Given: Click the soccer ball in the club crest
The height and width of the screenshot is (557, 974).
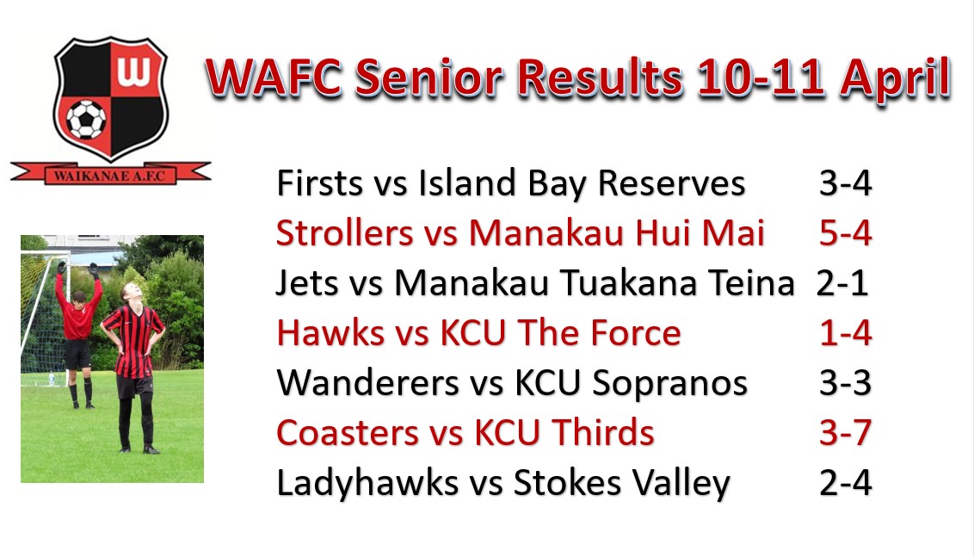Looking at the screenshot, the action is [x=86, y=119].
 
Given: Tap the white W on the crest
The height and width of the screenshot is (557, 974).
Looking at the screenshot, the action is [x=133, y=71].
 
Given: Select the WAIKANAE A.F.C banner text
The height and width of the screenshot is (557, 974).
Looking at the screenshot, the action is [x=109, y=176].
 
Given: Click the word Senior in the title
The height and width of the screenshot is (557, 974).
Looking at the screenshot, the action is [x=428, y=78].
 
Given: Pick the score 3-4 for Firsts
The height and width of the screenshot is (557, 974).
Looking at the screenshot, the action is [x=846, y=183].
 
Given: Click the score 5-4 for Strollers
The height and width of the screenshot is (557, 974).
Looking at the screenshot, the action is [x=846, y=233].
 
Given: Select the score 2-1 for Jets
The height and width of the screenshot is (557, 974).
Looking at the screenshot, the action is [x=841, y=283].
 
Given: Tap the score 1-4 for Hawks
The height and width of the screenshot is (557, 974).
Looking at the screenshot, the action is [x=846, y=332].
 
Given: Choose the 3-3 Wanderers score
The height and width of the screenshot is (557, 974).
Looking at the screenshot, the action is [x=846, y=382].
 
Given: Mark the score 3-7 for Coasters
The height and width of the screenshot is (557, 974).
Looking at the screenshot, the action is [x=846, y=432].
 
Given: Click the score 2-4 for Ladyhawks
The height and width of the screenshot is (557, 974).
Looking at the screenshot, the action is [x=846, y=482].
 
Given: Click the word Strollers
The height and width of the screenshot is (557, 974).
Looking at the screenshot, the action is [x=345, y=233].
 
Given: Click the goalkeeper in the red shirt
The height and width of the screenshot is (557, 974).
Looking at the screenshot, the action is [x=77, y=334].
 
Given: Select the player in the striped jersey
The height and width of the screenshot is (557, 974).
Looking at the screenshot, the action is [x=133, y=367].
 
